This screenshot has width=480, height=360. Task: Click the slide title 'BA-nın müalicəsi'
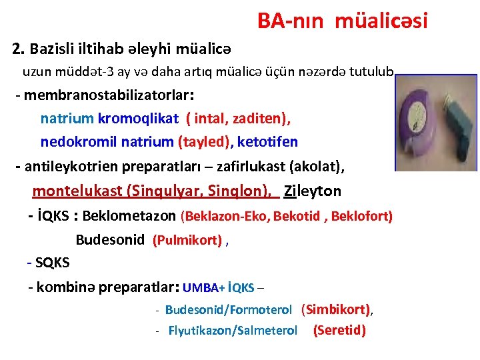341,21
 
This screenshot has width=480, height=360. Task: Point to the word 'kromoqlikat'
138,119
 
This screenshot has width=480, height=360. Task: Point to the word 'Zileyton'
313,191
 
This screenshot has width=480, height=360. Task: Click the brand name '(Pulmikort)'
187,241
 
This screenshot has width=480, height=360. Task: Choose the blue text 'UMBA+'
203,288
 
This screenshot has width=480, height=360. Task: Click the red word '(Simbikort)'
336,309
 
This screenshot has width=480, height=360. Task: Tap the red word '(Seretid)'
339,330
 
